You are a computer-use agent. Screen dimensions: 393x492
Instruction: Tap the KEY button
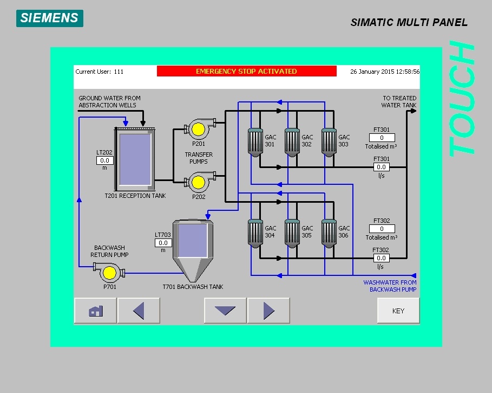point(398,311)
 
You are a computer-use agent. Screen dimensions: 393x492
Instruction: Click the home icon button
point(95,311)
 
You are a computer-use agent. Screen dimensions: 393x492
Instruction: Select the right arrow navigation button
point(268,311)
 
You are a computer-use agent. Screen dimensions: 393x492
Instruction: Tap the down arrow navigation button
point(225,311)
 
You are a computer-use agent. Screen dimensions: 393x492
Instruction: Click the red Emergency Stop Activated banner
point(246,72)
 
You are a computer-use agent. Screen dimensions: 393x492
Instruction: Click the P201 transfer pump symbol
point(198,129)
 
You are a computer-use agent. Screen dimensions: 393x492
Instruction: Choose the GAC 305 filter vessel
point(292,232)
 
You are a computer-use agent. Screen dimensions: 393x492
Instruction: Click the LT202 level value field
point(104,160)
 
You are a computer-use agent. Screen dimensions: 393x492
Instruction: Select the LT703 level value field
point(163,243)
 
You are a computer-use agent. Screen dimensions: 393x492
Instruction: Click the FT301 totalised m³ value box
point(382,138)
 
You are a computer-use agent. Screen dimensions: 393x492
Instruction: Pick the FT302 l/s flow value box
point(382,258)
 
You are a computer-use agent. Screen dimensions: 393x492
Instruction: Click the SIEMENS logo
point(49,17)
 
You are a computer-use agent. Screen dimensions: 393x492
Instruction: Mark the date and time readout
point(385,72)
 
